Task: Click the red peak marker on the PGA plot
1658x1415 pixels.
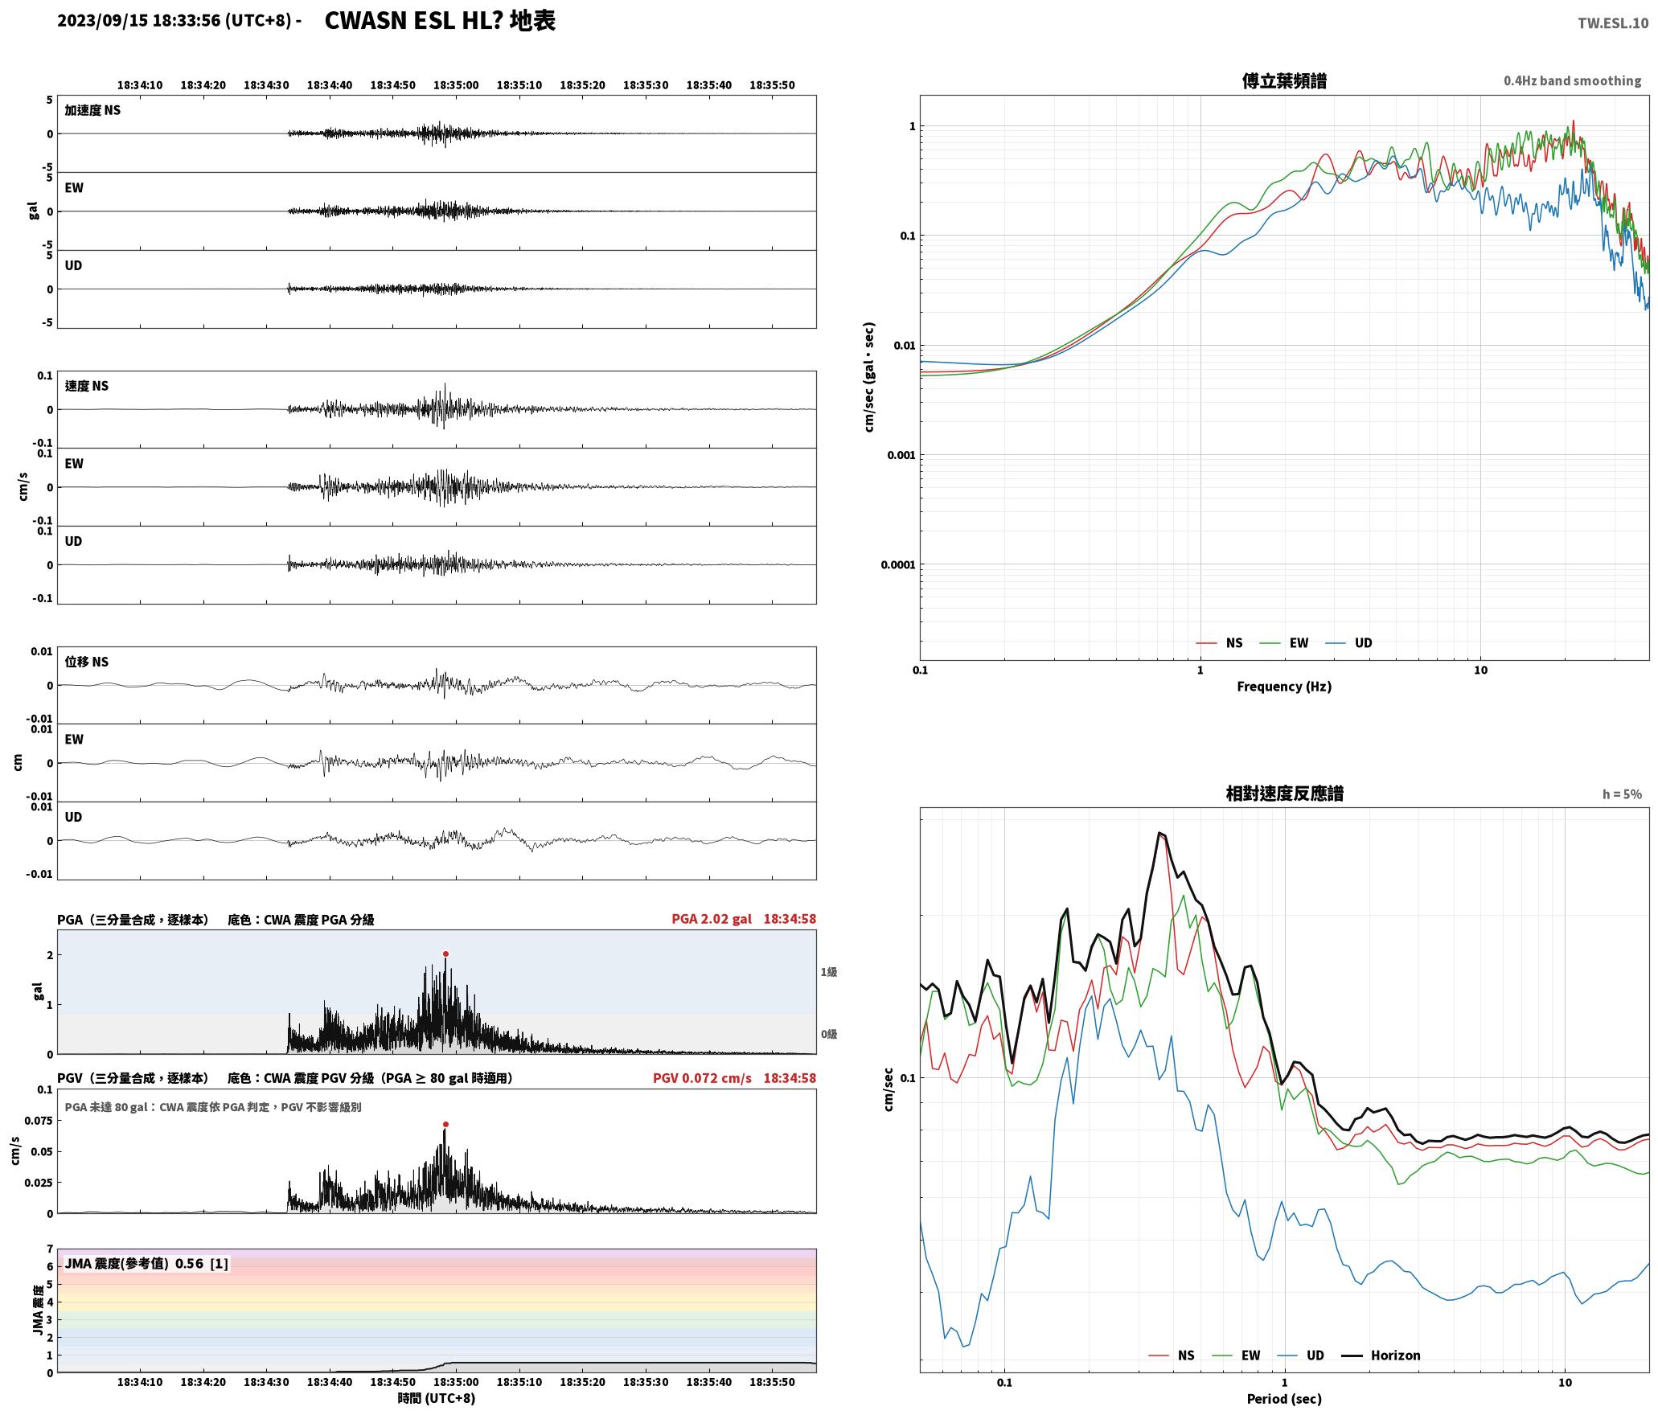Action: (445, 954)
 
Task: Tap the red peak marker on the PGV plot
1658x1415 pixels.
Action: (445, 1125)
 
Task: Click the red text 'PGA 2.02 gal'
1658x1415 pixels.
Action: (712, 919)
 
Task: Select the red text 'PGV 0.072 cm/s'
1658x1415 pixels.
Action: (702, 1078)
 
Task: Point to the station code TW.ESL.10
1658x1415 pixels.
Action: (1613, 23)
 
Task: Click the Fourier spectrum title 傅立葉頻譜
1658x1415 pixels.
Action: (1284, 81)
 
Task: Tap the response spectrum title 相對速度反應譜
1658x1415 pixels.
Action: (1284, 794)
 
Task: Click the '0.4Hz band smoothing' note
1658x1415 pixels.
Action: (1573, 81)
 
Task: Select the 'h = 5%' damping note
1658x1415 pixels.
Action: (1622, 794)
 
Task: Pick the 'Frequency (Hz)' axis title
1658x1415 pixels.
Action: (1284, 687)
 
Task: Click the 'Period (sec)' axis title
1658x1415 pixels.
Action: (1284, 1399)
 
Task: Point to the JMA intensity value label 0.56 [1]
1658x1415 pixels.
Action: (147, 1264)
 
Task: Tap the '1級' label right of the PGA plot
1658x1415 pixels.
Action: (829, 972)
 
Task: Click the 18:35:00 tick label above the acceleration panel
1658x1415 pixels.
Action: (456, 85)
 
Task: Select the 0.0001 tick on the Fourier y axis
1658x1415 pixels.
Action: (897, 565)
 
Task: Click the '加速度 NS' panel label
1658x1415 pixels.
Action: (92, 110)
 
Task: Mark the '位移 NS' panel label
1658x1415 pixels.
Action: (86, 662)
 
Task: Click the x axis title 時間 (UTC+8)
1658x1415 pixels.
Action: (437, 1398)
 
